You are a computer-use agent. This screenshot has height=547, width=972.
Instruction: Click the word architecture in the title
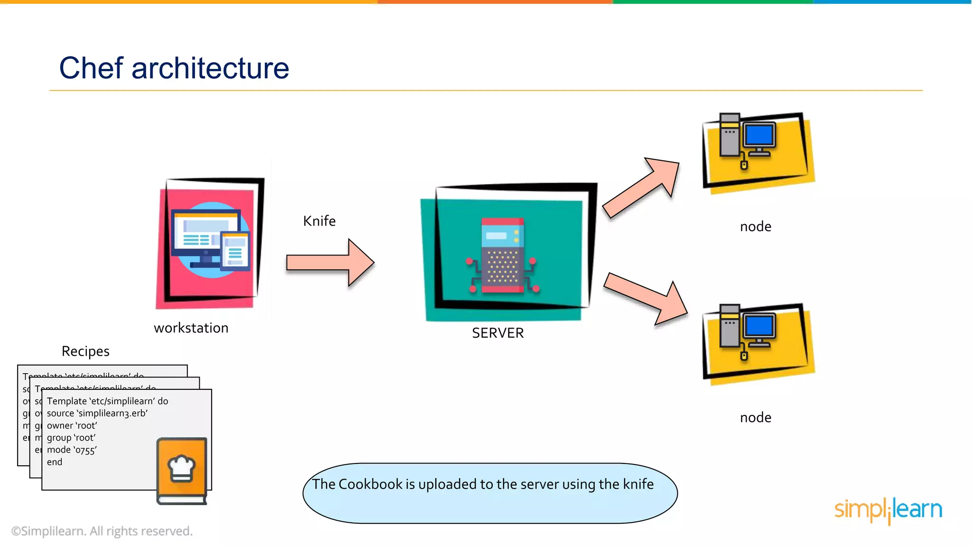click(210, 68)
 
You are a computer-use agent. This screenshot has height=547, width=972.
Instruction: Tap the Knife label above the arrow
click(319, 221)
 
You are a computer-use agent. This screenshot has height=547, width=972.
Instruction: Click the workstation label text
click(191, 328)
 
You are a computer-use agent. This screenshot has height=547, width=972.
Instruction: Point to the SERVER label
click(498, 333)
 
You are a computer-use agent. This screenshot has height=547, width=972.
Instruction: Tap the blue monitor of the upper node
click(759, 135)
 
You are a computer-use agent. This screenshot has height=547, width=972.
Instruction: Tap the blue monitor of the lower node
click(759, 326)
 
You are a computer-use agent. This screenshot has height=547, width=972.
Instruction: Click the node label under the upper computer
click(756, 226)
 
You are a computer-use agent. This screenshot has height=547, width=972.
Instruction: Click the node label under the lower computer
click(756, 418)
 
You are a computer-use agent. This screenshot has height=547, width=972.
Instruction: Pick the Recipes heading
click(85, 351)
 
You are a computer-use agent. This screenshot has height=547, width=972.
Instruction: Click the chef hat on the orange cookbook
click(181, 467)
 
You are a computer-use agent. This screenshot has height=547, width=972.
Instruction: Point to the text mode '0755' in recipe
click(72, 450)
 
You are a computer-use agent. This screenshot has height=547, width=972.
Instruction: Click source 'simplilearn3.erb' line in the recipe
click(97, 413)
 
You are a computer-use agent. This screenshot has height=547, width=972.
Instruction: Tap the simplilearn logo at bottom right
click(888, 510)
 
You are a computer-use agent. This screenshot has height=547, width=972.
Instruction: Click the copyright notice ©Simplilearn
click(102, 531)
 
